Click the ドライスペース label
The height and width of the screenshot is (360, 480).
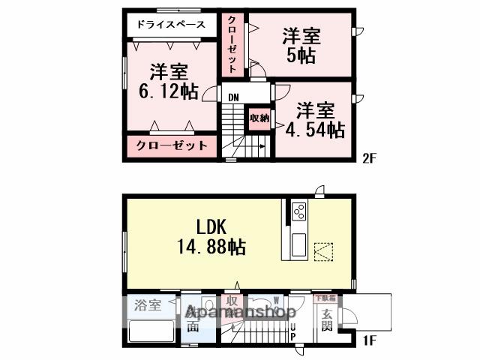(171, 25)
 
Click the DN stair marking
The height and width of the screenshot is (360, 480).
(233, 97)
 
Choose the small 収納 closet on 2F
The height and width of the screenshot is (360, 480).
(259, 118)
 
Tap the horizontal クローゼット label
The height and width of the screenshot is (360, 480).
(172, 145)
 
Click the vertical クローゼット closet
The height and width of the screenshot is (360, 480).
(232, 43)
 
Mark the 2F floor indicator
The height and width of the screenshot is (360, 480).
(368, 158)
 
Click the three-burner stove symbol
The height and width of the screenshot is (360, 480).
(297, 211)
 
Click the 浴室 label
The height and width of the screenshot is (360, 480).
(148, 305)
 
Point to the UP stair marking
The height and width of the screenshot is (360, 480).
(293, 331)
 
